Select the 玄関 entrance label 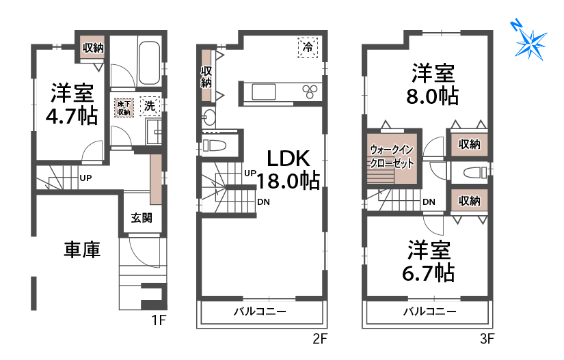click(x=142, y=218)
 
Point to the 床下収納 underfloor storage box click(x=124, y=107)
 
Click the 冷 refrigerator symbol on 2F click(x=308, y=47)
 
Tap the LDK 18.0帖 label click(x=289, y=169)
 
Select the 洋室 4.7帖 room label click(x=70, y=103)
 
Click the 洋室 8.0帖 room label click(x=432, y=84)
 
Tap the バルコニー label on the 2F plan click(x=260, y=311)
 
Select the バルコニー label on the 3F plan click(x=429, y=311)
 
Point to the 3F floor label click(x=486, y=337)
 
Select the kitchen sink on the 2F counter click(x=263, y=91)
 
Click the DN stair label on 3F click(x=429, y=202)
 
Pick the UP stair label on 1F click(x=85, y=179)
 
